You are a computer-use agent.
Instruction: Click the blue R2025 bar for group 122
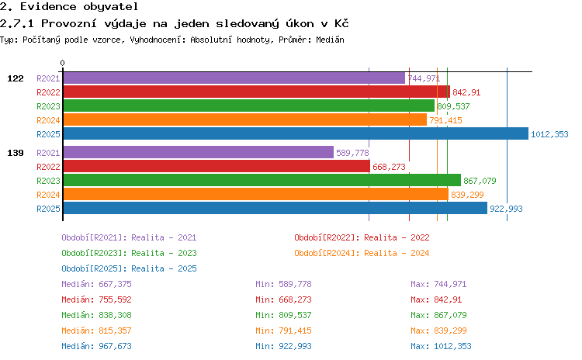(x=296, y=134)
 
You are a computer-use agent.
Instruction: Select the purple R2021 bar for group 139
(x=199, y=153)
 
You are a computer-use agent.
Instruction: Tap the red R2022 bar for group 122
(x=257, y=92)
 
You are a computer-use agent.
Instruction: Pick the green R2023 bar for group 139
(x=262, y=180)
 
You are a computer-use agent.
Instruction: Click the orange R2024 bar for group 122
(x=245, y=120)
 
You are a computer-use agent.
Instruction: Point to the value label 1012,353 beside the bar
(x=549, y=134)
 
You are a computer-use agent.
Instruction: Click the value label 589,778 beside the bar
(x=352, y=153)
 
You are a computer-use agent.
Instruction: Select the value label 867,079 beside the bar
(x=480, y=181)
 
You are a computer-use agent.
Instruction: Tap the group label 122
(x=16, y=78)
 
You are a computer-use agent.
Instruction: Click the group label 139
(x=16, y=153)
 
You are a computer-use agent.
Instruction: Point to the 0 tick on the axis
(x=62, y=63)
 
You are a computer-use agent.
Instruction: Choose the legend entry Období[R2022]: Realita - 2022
(x=362, y=237)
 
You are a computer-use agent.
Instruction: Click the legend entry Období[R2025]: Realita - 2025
(x=129, y=268)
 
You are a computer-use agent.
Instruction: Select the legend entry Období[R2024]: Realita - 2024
(x=362, y=253)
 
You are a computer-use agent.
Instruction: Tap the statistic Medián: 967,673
(x=96, y=346)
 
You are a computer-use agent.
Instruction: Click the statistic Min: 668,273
(x=283, y=299)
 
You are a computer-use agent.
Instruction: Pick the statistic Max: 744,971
(x=438, y=284)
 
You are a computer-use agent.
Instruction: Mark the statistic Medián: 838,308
(x=96, y=315)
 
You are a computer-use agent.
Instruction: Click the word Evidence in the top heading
(x=48, y=6)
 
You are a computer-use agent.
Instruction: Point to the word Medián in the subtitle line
(x=330, y=40)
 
